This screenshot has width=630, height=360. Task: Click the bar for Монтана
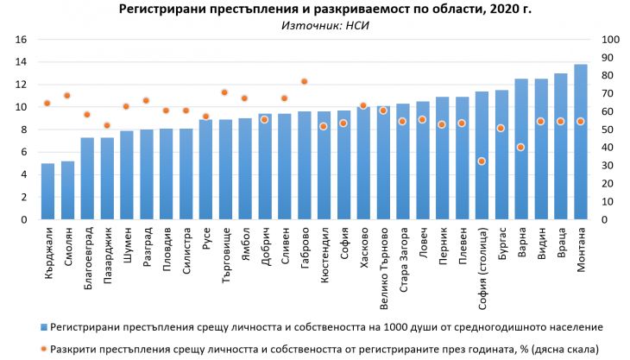click(580, 142)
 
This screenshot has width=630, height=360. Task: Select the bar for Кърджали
click(47, 192)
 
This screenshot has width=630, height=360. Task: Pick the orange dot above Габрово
click(304, 82)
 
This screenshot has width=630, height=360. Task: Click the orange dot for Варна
click(521, 147)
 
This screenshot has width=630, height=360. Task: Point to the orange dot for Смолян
click(67, 96)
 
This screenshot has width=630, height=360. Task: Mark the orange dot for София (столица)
click(482, 161)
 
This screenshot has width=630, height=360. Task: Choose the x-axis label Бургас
click(501, 244)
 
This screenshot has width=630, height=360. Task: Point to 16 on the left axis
click(22, 40)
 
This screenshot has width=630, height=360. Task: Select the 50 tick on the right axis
click(608, 129)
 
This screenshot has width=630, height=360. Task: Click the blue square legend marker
click(43, 327)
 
